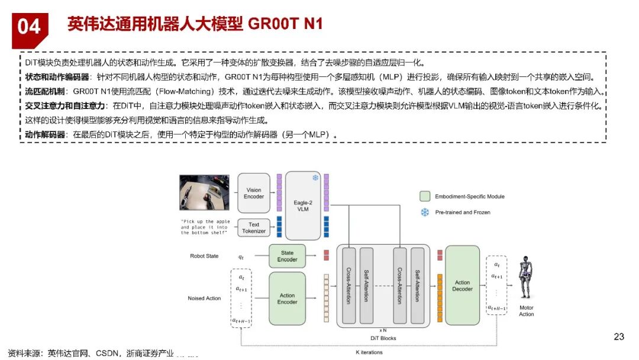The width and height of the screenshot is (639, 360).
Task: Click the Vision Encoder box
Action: [x=254, y=193]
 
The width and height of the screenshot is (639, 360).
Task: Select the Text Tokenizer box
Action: [x=254, y=228]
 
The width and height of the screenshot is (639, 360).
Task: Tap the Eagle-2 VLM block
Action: [x=302, y=205]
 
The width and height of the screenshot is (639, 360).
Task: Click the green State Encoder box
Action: [x=288, y=256]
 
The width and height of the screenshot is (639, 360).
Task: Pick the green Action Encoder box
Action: [x=288, y=298]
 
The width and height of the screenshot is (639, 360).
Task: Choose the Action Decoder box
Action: [x=462, y=286]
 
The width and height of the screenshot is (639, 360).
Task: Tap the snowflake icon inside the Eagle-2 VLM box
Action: [x=315, y=178]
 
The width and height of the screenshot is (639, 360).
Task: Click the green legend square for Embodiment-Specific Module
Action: [x=424, y=196]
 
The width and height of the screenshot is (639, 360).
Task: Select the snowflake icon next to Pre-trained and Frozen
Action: [x=424, y=212]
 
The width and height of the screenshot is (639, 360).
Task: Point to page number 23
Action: [x=619, y=337]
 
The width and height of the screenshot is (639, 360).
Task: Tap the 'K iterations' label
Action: [x=369, y=352]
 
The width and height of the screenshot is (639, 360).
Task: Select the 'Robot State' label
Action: [x=204, y=256]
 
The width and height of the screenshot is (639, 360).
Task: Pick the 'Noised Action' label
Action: [x=204, y=298]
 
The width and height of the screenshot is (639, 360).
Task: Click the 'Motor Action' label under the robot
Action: [x=527, y=311]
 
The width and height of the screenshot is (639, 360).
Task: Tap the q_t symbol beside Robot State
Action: [x=241, y=257]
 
